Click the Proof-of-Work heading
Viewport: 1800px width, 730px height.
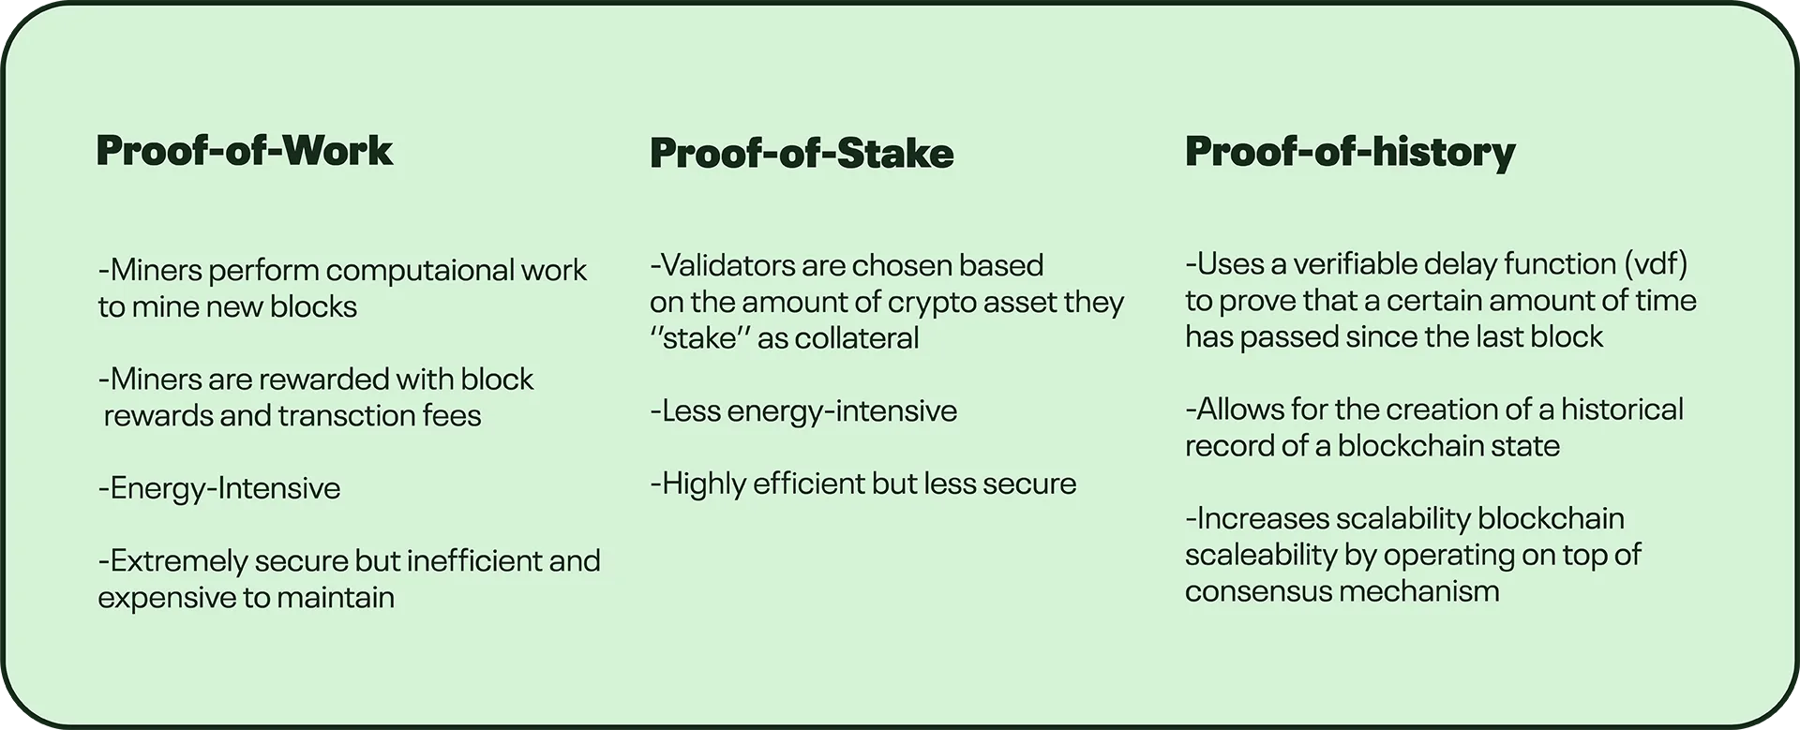(245, 151)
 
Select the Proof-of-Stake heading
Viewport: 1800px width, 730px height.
(802, 154)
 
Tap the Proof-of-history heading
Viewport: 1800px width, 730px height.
(1350, 153)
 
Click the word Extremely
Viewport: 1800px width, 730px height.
(179, 562)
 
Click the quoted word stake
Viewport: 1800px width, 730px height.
(700, 337)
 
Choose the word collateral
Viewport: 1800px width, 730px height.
(858, 337)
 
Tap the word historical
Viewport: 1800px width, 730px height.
(1622, 410)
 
